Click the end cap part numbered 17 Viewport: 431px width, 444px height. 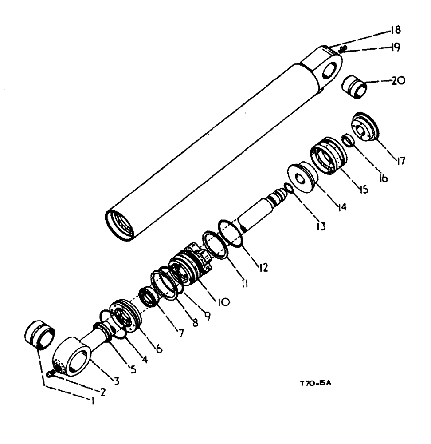click(367, 127)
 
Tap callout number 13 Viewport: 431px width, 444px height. click(321, 226)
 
